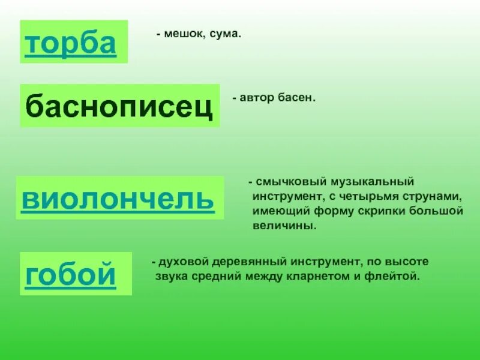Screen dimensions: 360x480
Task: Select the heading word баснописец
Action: (x=119, y=106)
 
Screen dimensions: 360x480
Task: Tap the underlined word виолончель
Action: (x=118, y=198)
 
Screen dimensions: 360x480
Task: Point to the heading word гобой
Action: (x=71, y=274)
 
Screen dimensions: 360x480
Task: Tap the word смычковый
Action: (x=287, y=181)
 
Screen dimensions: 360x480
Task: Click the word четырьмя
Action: (x=370, y=196)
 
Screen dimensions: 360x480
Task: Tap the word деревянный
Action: (x=250, y=262)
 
